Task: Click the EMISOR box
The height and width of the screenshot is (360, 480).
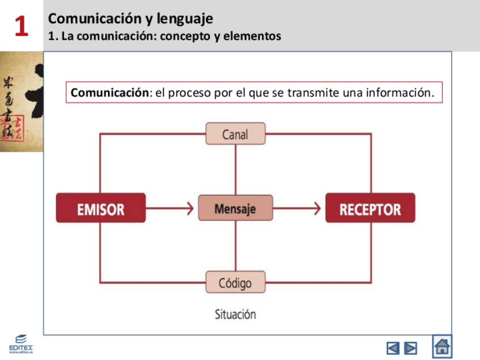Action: tap(101, 208)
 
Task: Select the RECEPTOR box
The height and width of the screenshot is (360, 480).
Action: tap(370, 208)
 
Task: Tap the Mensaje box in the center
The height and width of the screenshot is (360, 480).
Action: tap(235, 208)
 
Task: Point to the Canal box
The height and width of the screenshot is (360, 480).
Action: tap(235, 134)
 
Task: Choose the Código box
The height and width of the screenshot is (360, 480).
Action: tap(235, 282)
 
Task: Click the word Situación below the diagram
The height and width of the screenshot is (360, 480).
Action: tap(235, 314)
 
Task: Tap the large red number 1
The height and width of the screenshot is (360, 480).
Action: tap(22, 27)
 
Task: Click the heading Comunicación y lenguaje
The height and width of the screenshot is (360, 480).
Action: tap(131, 19)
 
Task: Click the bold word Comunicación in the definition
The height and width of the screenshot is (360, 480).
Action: tap(109, 93)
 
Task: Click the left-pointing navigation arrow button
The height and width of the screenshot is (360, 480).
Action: tap(393, 348)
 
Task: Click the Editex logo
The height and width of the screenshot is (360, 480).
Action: tap(21, 344)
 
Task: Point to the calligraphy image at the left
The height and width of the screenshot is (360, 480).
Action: tap(22, 102)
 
